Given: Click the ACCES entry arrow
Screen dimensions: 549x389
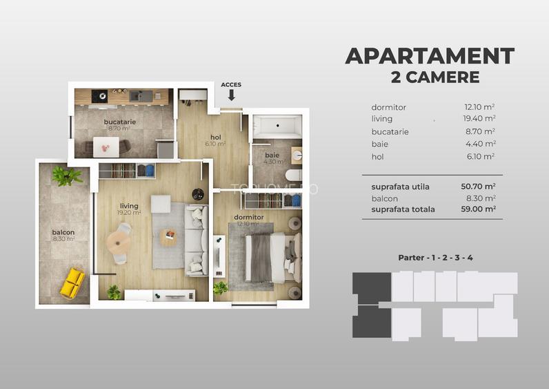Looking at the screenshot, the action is pyautogui.click(x=232, y=95).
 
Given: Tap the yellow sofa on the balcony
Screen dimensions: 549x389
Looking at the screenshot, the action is pyautogui.click(x=72, y=283).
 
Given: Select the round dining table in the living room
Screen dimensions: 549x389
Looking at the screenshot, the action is pyautogui.click(x=119, y=243).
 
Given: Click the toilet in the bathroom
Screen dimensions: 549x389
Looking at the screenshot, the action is pyautogui.click(x=293, y=175).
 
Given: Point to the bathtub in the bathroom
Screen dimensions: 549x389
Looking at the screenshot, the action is pyautogui.click(x=277, y=126).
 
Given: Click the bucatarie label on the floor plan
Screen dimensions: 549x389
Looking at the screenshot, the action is pyautogui.click(x=120, y=122).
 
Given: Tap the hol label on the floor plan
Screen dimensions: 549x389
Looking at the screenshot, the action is pyautogui.click(x=216, y=137).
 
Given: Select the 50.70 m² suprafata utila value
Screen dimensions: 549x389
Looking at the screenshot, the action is pyautogui.click(x=478, y=187).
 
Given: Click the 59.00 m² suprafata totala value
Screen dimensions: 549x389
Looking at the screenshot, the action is pyautogui.click(x=478, y=209).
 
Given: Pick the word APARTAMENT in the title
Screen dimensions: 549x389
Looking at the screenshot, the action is pyautogui.click(x=430, y=56).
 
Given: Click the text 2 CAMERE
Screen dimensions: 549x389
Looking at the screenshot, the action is pyautogui.click(x=435, y=77).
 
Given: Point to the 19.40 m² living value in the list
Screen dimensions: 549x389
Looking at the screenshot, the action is pyautogui.click(x=479, y=119).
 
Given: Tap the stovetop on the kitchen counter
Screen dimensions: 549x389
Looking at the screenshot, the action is pyautogui.click(x=99, y=96).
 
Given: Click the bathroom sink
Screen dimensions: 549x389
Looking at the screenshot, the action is pyautogui.click(x=297, y=155).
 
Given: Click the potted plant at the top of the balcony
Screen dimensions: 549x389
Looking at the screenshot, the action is pyautogui.click(x=66, y=176).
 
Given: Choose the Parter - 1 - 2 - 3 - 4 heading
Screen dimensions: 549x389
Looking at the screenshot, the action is pyautogui.click(x=436, y=258).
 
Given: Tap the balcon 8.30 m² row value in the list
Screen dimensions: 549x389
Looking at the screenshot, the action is pyautogui.click(x=481, y=198).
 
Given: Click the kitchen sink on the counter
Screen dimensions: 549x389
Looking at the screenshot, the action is pyautogui.click(x=141, y=96).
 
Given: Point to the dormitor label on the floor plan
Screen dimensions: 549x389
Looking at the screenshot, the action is pyautogui.click(x=249, y=217).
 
